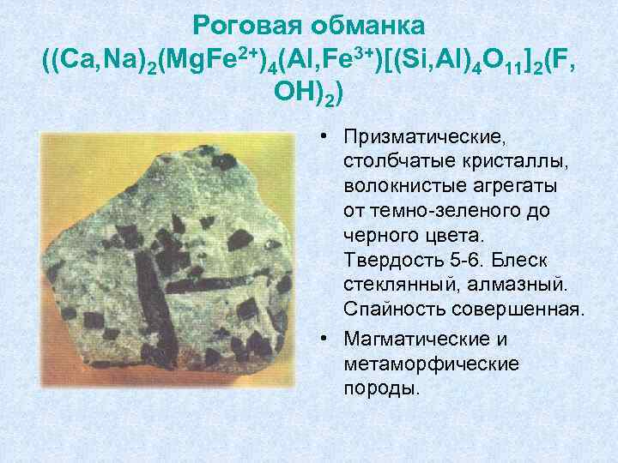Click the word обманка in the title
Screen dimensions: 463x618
tap(370, 23)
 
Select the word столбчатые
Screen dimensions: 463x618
tap(389, 161)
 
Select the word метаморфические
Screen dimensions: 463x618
tap(430, 364)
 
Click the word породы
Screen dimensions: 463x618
tap(381, 388)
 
